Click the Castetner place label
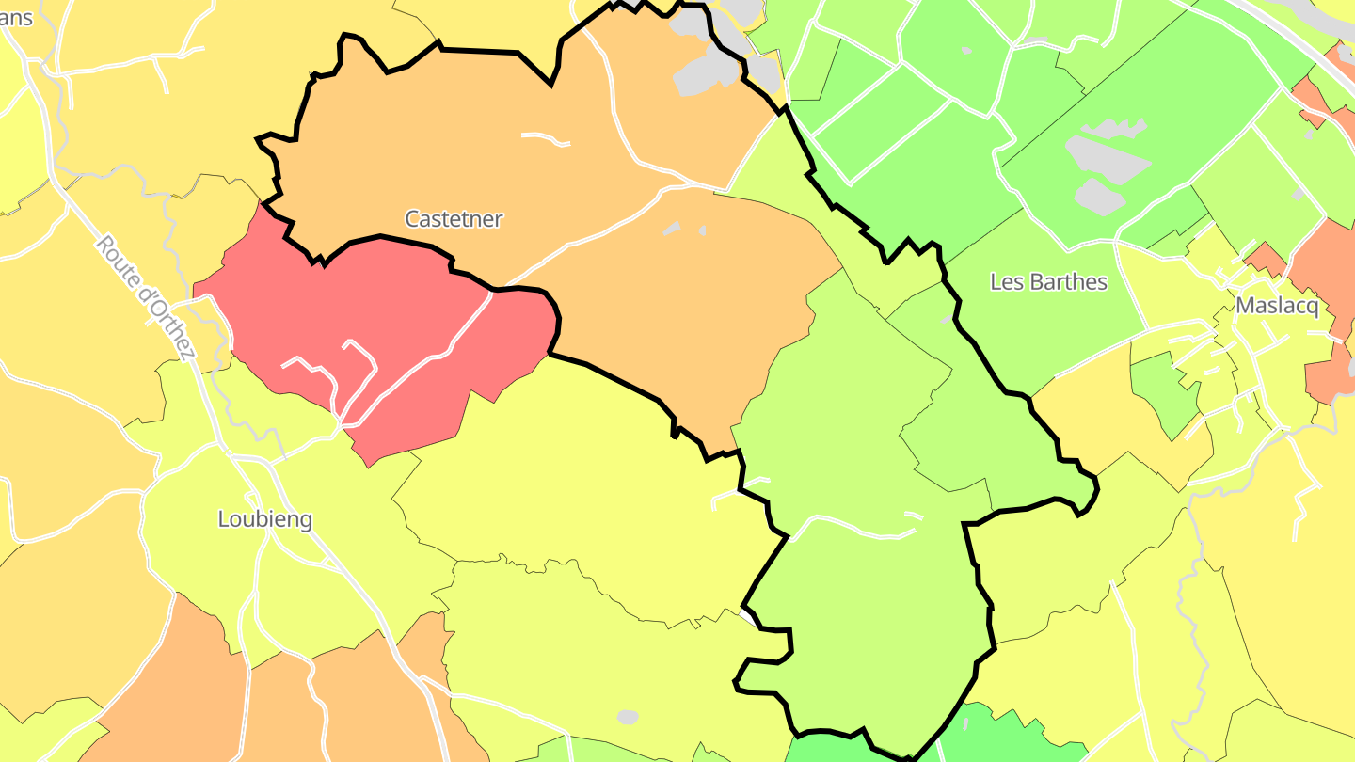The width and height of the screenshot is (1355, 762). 454,219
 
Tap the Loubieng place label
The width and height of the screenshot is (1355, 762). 264,519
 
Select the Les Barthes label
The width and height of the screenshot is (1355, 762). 1048,282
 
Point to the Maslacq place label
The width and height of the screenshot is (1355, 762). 1277,306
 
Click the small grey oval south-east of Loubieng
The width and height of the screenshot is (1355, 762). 628,717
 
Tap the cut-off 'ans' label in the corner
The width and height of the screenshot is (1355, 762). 16,18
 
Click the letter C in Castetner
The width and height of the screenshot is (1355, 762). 412,219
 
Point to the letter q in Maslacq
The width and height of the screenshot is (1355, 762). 1312,308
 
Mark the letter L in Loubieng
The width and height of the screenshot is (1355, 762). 224,519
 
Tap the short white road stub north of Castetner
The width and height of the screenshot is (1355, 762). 546,139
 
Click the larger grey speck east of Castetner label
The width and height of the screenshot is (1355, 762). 671,228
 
